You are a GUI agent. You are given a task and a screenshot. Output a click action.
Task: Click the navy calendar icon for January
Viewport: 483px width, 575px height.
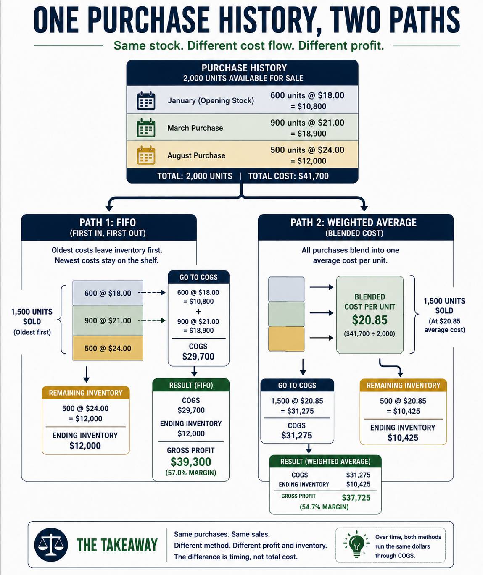tap(146, 100)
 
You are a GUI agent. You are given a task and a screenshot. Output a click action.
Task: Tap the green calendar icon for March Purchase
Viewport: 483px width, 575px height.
tap(146, 128)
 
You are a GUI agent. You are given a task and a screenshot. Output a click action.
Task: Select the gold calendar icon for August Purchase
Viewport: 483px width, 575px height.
tap(146, 155)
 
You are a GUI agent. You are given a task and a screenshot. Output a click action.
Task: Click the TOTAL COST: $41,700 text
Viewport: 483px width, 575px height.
tap(288, 176)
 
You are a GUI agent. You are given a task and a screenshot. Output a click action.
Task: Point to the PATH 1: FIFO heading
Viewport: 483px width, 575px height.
tap(108, 222)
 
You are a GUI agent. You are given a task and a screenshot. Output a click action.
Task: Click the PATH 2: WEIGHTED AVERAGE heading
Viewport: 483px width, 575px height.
tap(354, 222)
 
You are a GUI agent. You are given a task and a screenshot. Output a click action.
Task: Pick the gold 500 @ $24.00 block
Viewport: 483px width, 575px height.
tap(108, 348)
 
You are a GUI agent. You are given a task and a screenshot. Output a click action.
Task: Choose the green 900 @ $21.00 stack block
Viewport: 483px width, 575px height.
tap(108, 320)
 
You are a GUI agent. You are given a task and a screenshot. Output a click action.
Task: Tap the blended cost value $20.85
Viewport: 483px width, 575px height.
tap(370, 320)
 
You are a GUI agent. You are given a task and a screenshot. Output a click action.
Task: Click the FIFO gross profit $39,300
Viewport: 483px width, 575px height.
tap(191, 462)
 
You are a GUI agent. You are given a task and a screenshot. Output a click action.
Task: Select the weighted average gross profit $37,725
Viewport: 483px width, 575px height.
tap(356, 498)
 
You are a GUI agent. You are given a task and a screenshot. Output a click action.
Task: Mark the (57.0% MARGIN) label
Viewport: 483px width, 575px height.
tap(191, 473)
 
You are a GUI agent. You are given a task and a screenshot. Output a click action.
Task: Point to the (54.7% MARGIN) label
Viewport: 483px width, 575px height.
tap(324, 507)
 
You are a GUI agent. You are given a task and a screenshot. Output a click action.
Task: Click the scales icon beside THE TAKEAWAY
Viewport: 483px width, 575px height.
tap(51, 545)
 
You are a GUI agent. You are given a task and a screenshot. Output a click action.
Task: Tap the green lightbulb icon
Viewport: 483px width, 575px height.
tap(357, 544)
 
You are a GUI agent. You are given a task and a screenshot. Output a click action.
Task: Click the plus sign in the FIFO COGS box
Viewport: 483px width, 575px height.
tap(198, 312)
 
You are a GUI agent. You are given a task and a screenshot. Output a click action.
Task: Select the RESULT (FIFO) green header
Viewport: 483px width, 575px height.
tap(191, 385)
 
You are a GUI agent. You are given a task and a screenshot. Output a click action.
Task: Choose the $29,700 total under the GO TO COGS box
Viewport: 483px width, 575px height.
tap(198, 356)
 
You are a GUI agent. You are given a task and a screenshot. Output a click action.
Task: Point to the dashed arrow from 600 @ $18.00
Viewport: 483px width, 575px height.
tap(151, 293)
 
